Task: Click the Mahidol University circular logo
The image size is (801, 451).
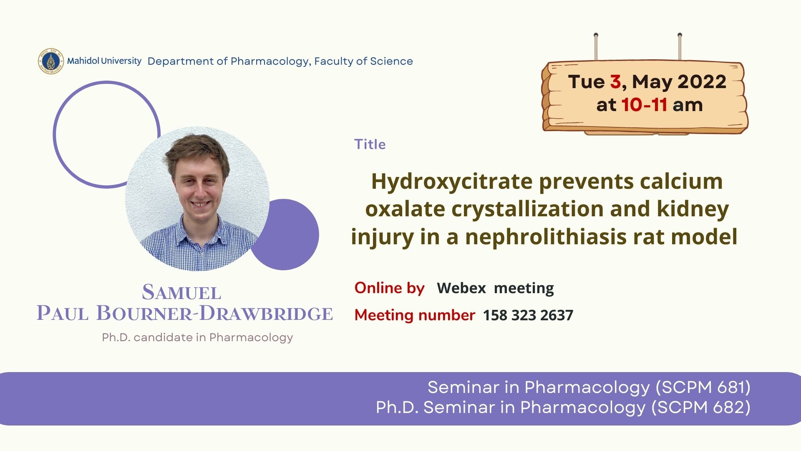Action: click(x=50, y=61)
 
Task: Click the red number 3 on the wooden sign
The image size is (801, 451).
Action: click(x=615, y=82)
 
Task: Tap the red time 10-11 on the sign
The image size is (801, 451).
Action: click(x=644, y=105)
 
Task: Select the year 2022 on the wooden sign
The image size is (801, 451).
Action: click(x=702, y=82)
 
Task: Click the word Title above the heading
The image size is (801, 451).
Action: click(x=370, y=144)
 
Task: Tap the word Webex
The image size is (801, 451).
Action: click(x=461, y=288)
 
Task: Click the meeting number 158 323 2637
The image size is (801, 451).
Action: click(x=528, y=315)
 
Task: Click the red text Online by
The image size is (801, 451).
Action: click(x=389, y=289)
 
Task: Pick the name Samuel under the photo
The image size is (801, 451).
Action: click(x=181, y=292)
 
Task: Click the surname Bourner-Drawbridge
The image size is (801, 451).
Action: click(x=214, y=314)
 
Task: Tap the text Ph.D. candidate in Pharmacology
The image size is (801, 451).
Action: click(x=197, y=337)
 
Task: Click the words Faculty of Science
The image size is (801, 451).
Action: click(x=363, y=61)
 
